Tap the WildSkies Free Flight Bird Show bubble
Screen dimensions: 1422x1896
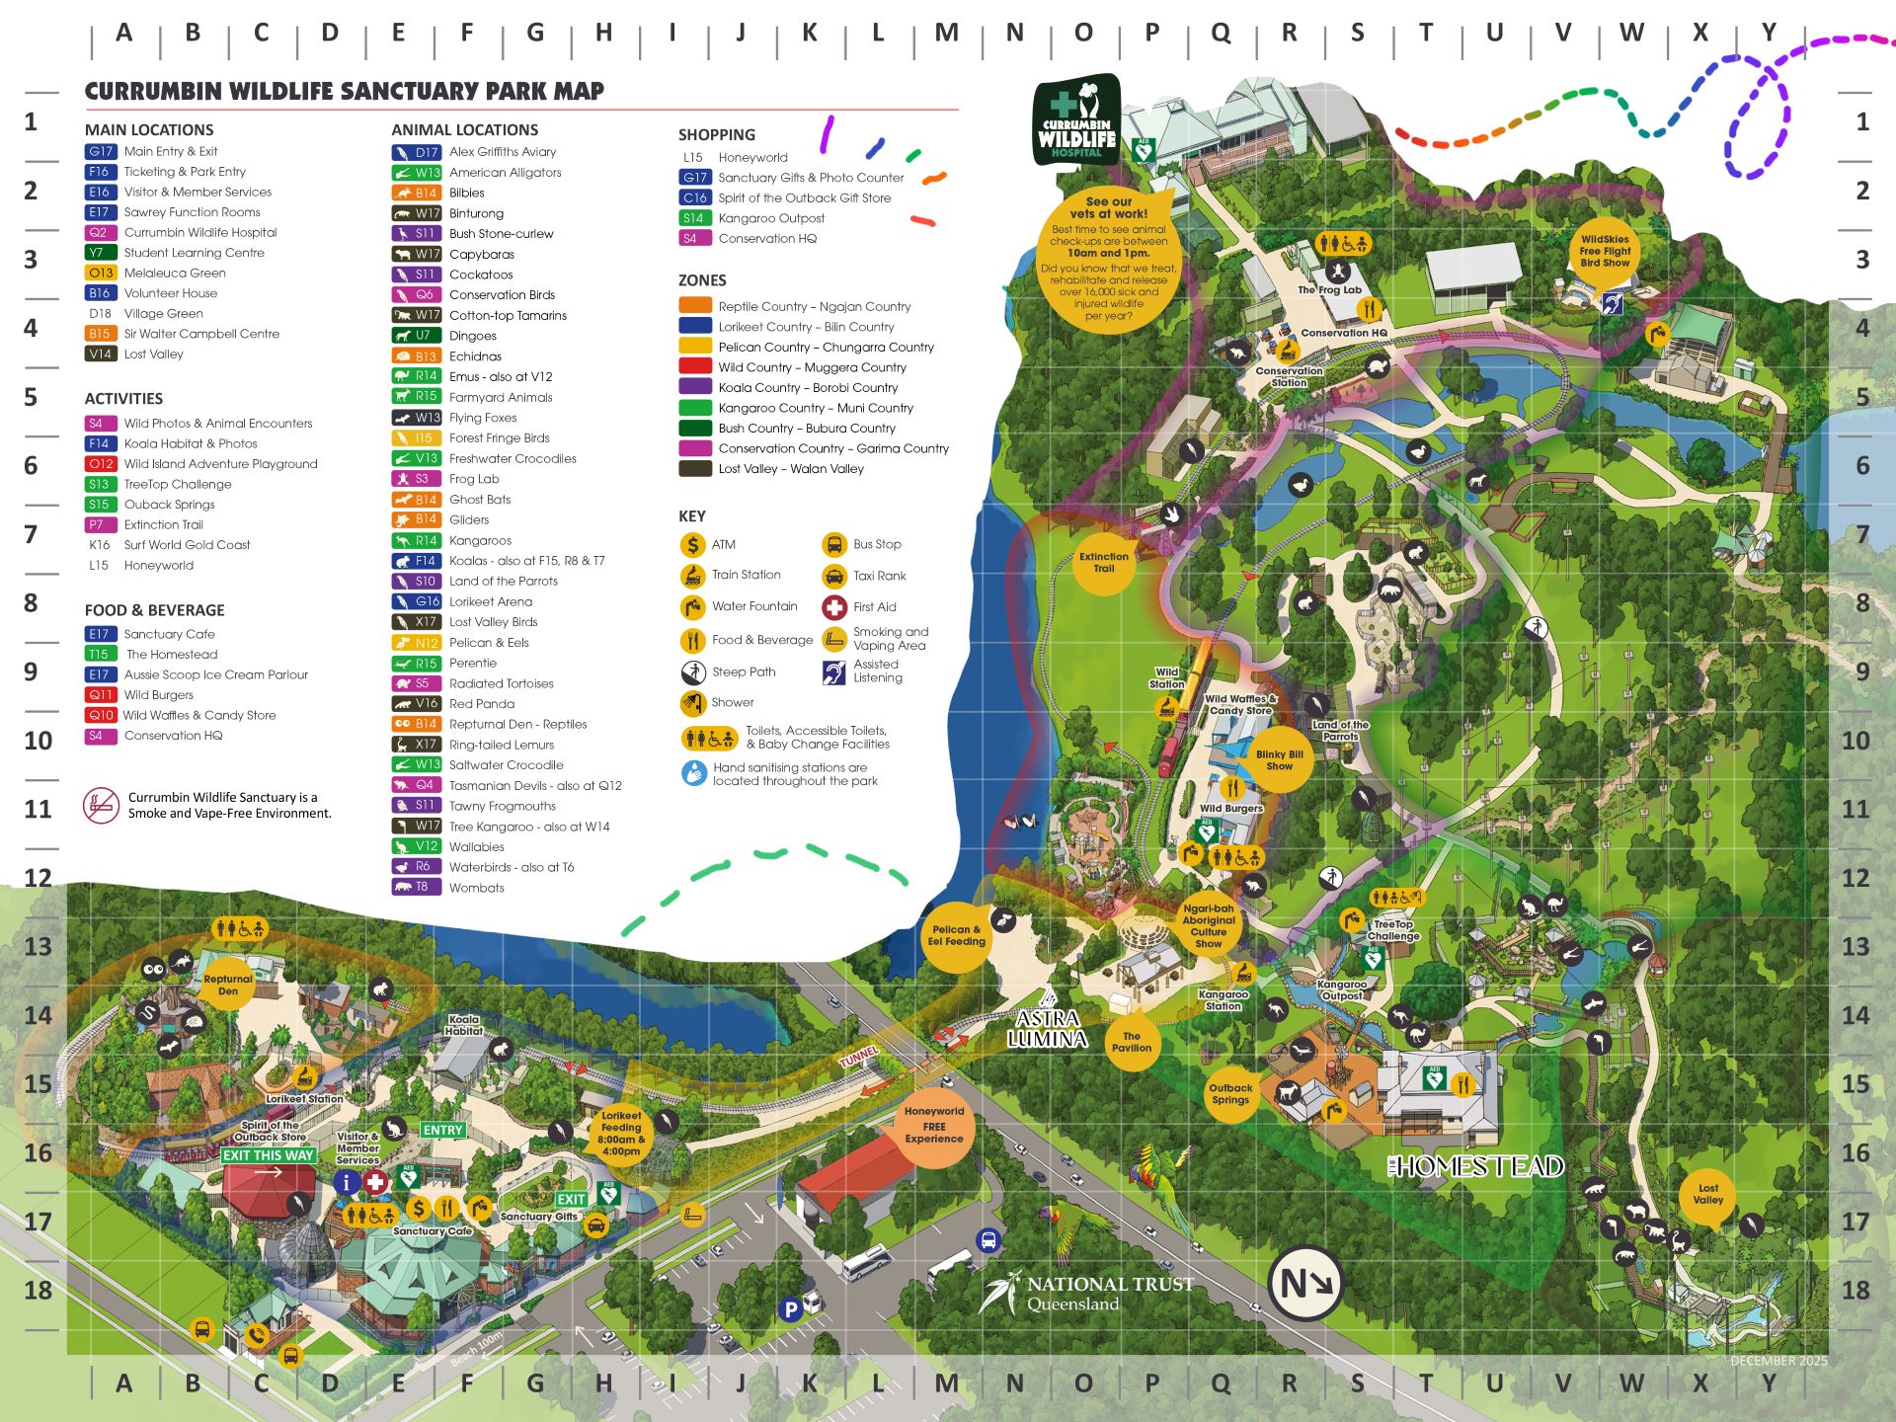tap(1605, 251)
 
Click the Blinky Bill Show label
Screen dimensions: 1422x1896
tap(1279, 759)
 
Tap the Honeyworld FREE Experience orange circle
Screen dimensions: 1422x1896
tap(933, 1125)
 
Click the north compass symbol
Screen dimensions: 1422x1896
tap(1305, 1284)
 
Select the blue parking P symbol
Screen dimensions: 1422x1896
tap(789, 1309)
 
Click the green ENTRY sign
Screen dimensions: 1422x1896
tap(442, 1130)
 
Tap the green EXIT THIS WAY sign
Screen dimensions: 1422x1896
tap(268, 1155)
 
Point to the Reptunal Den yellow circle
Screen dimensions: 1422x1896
tap(228, 985)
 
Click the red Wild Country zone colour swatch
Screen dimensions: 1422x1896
tap(695, 366)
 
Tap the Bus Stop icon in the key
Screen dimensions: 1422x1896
tap(834, 544)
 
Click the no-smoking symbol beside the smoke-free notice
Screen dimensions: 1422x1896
tap(101, 805)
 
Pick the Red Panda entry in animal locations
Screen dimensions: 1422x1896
tap(481, 704)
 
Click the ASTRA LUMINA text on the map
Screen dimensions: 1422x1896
tap(1047, 1028)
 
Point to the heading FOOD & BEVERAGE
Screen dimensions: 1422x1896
tap(154, 610)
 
